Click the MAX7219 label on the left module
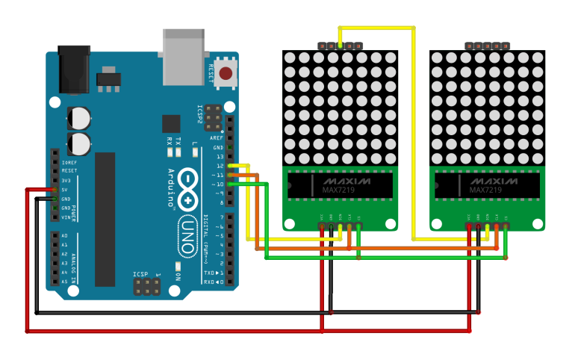click(334, 191)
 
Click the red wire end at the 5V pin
click(55, 190)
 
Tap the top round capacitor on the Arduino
click(79, 117)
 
